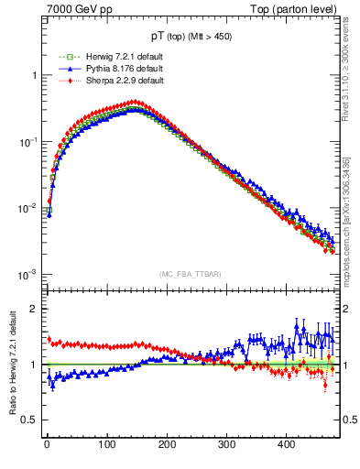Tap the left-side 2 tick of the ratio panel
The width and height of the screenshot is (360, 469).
pos(34,309)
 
